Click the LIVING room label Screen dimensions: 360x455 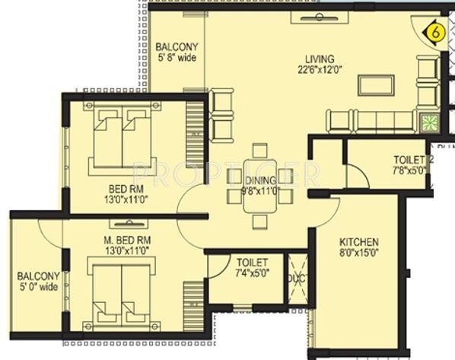pos(320,59)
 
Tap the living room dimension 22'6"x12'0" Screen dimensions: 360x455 pos(320,71)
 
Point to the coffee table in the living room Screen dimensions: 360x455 pos(376,84)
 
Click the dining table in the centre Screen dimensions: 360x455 pos(259,187)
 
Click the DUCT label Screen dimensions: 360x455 pos(295,279)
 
